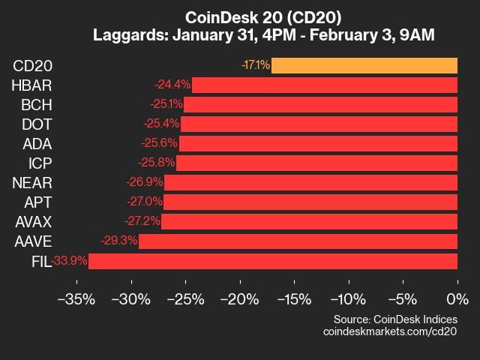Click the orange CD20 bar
coord(364,65)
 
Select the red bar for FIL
coord(273,261)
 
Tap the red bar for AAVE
coord(298,241)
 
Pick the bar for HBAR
coord(325,85)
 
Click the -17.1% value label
coord(256,65)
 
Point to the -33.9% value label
coord(70,261)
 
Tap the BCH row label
coord(37,104)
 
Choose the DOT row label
coord(37,124)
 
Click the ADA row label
coord(37,143)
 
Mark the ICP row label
coord(39,163)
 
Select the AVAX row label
coord(34,221)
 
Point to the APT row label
coord(37,202)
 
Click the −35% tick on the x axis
coord(76,298)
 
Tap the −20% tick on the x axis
coord(239,298)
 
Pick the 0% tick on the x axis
coord(456,298)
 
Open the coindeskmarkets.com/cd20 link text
coord(389,331)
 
